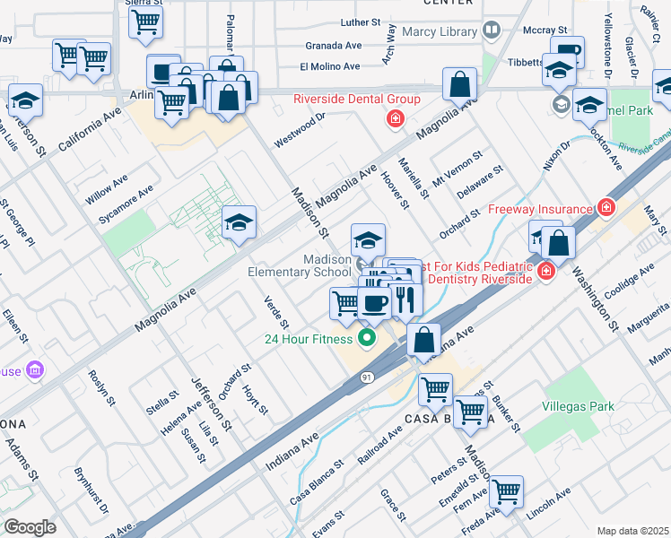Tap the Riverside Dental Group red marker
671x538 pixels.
click(x=394, y=118)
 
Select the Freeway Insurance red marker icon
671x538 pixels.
click(x=607, y=207)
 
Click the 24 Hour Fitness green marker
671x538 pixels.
click(x=365, y=338)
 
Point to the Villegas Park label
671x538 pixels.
click(x=579, y=406)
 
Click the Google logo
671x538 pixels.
click(x=30, y=526)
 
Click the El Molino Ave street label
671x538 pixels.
click(x=329, y=66)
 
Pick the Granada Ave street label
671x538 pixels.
click(x=333, y=45)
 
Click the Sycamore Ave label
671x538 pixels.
click(x=126, y=204)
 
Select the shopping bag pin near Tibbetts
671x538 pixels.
click(x=459, y=86)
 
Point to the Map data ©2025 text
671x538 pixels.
click(x=632, y=531)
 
